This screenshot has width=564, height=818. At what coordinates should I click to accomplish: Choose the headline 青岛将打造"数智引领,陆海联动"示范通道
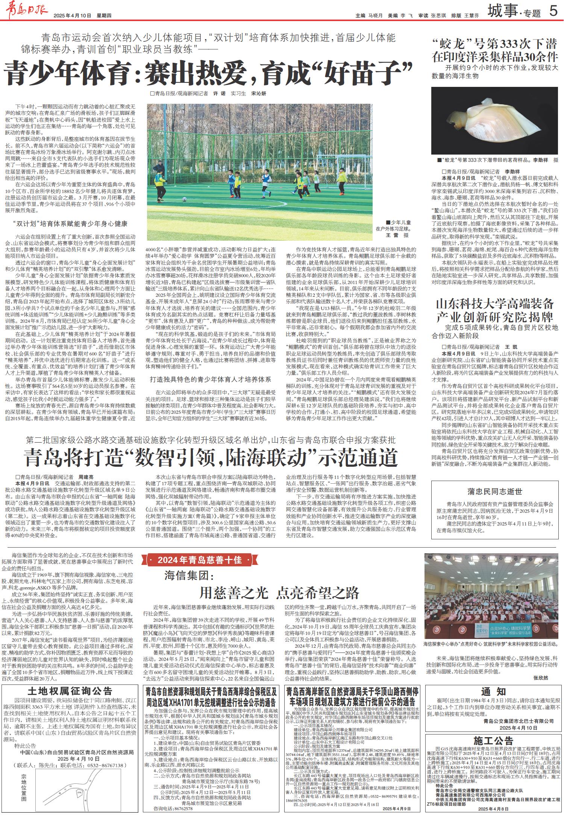click(211, 457)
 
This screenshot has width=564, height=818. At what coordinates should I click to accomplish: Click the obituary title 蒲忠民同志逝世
click(494, 491)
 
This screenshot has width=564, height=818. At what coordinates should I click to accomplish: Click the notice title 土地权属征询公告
click(70, 691)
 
